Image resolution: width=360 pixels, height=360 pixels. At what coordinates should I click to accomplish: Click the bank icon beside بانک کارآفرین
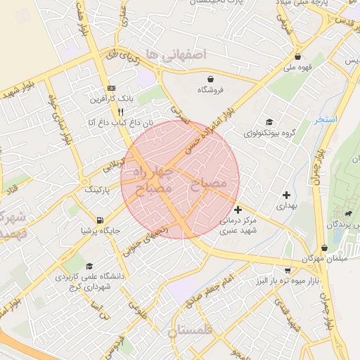[x=110, y=88]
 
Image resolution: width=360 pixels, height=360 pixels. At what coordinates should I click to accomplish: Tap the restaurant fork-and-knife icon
[x=120, y=111]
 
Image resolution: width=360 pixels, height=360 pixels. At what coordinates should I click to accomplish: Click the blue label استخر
[x=326, y=120]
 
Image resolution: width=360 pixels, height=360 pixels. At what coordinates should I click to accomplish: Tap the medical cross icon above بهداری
[x=285, y=195]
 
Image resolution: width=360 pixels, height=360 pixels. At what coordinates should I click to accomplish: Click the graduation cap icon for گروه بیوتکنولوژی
[x=269, y=120]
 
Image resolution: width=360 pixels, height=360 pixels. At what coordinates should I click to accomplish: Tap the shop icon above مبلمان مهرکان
[x=323, y=247]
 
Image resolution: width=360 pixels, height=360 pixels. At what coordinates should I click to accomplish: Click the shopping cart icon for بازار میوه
[x=287, y=270]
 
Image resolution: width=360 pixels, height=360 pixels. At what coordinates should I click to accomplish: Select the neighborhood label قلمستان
[x=194, y=330]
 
